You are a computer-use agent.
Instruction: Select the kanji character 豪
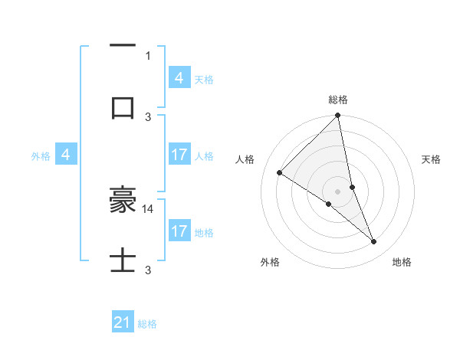pos(123,201)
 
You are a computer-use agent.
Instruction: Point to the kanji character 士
pos(123,262)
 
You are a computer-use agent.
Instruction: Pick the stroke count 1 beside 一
pos(148,55)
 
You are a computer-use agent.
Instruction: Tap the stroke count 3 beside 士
pos(148,270)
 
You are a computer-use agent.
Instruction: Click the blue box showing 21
pos(123,323)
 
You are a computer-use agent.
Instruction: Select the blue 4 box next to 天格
pos(179,78)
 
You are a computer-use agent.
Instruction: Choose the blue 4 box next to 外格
pos(67,155)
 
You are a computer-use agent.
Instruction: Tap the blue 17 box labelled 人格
pos(179,155)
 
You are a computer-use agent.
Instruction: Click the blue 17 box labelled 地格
pos(179,231)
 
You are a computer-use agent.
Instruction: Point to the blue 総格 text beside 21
pos(147,324)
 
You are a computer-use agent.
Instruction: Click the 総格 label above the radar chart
pos(338,100)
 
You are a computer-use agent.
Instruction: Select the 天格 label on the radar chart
pos(432,159)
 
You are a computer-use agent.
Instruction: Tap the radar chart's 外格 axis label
pos(270,262)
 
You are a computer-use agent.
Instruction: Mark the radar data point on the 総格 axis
pos(338,116)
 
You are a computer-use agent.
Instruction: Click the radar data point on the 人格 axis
pos(280,173)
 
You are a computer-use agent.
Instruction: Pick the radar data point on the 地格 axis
pos(374,241)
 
